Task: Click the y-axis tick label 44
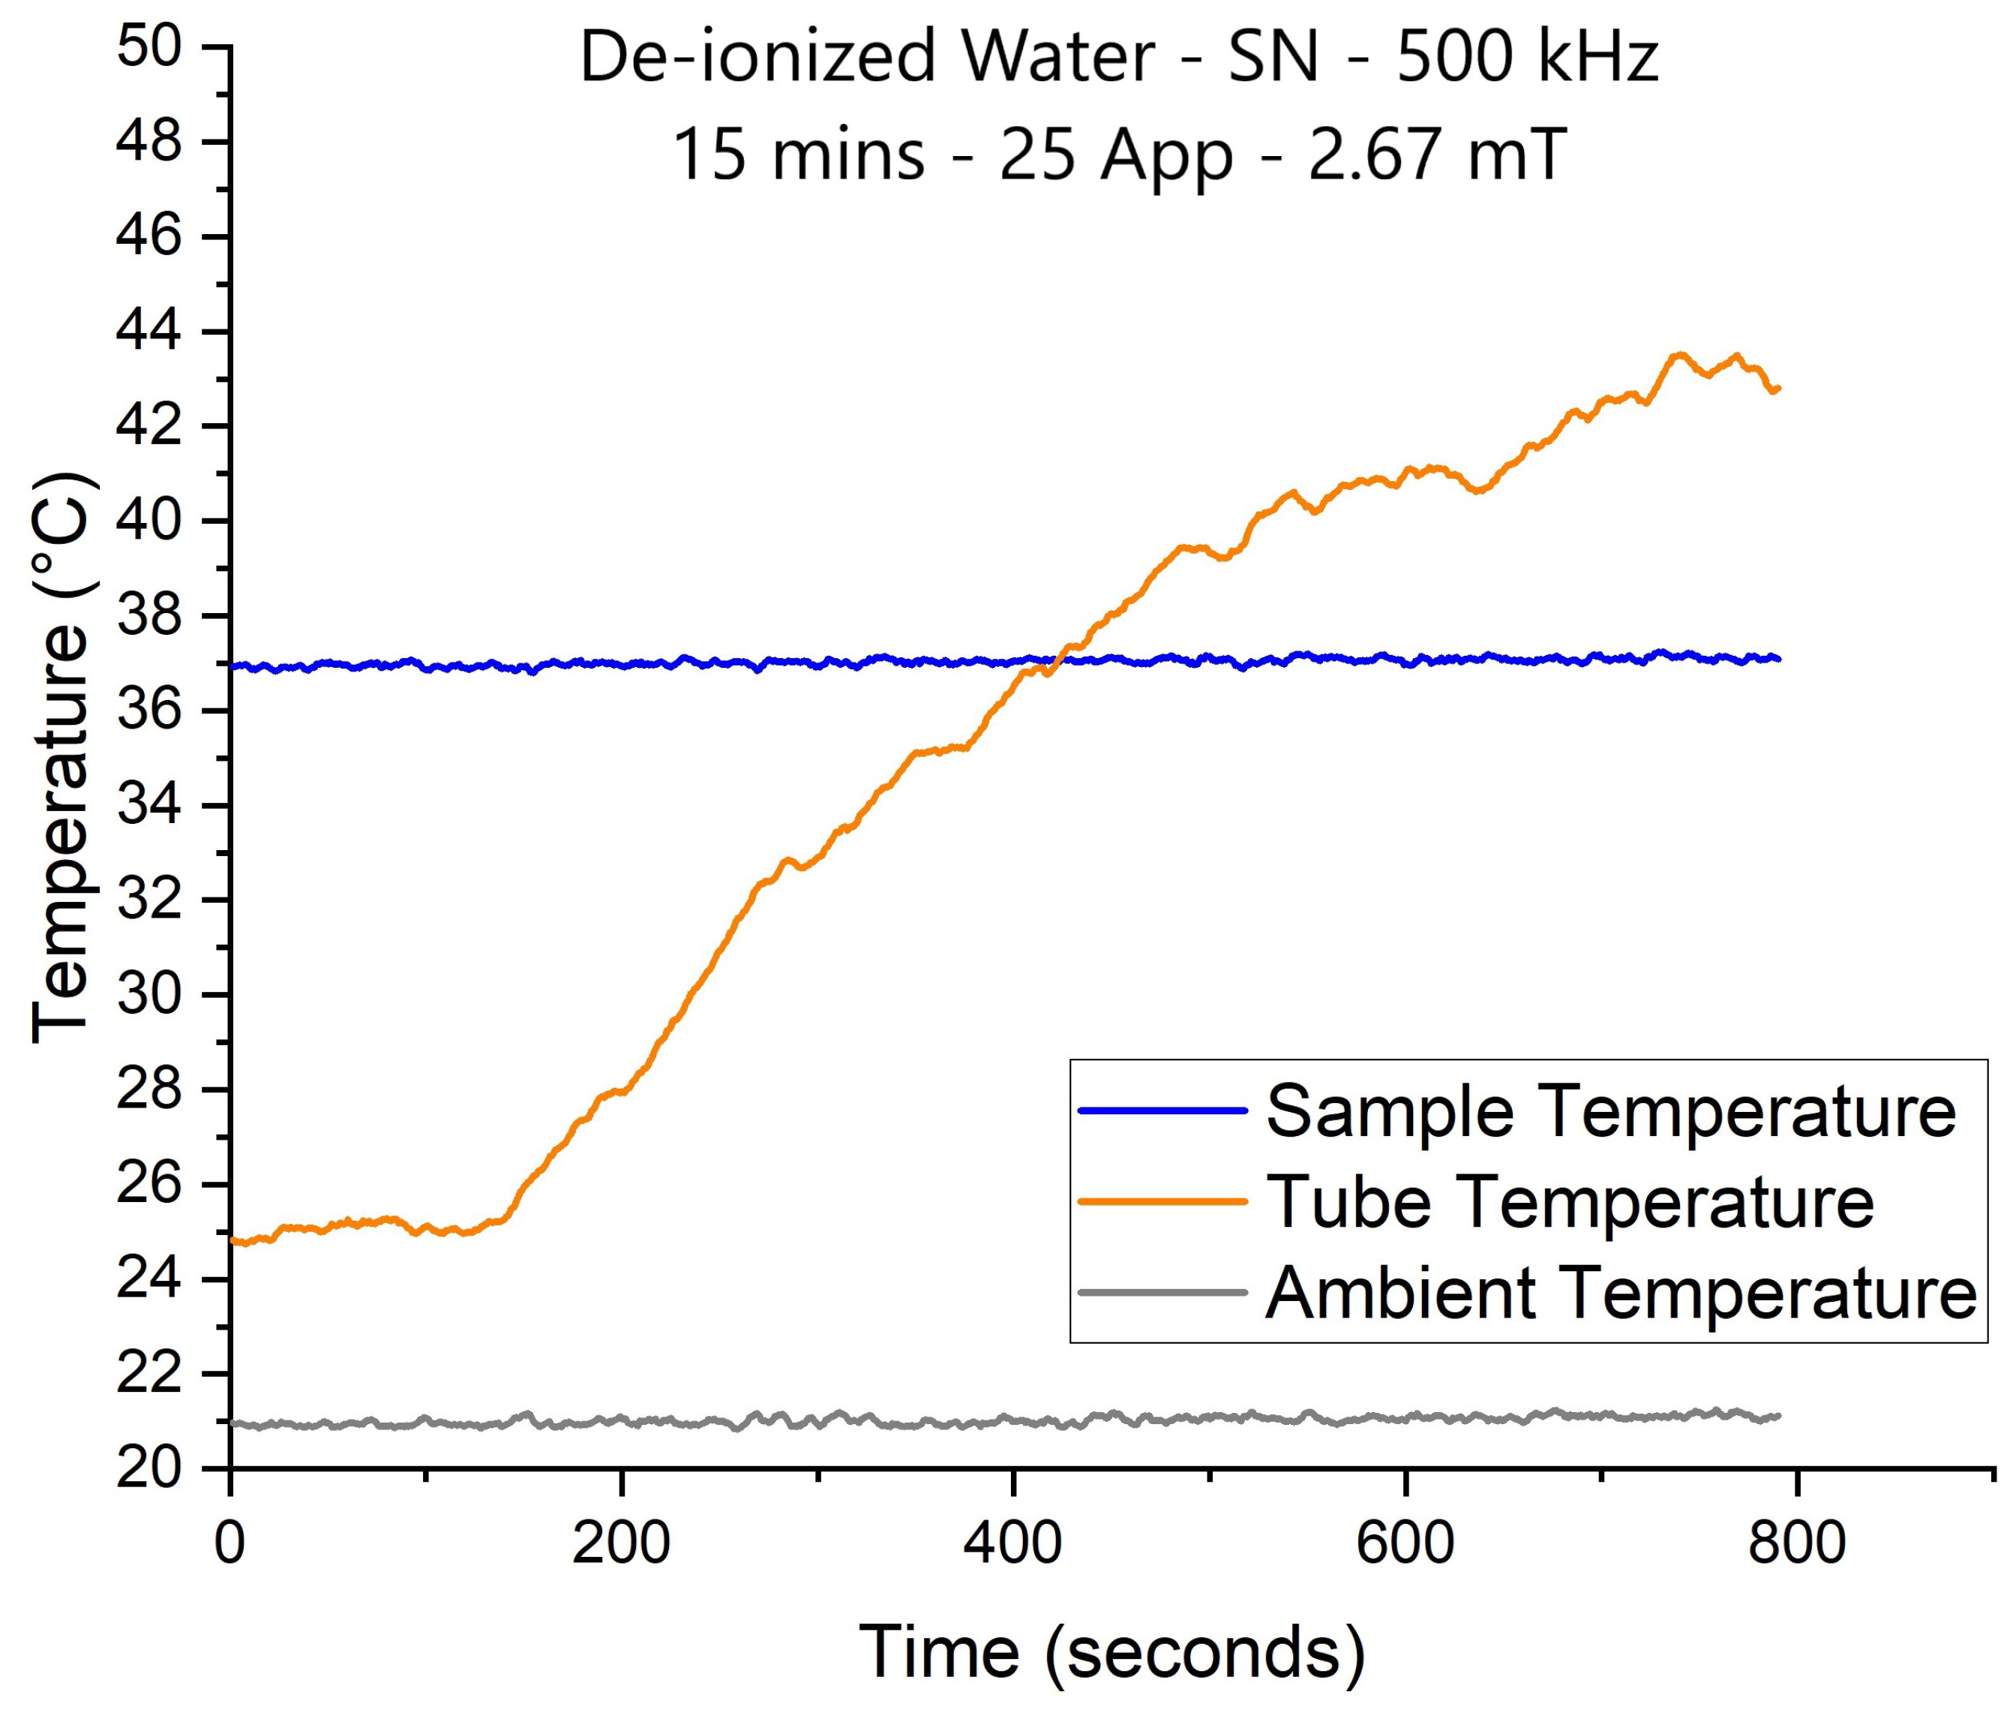tap(148, 332)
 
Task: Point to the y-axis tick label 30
tap(148, 995)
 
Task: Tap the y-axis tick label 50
tap(148, 47)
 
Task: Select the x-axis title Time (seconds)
tap(1111, 1652)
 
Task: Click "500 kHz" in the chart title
tap(1526, 57)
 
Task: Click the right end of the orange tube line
tap(1777, 389)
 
